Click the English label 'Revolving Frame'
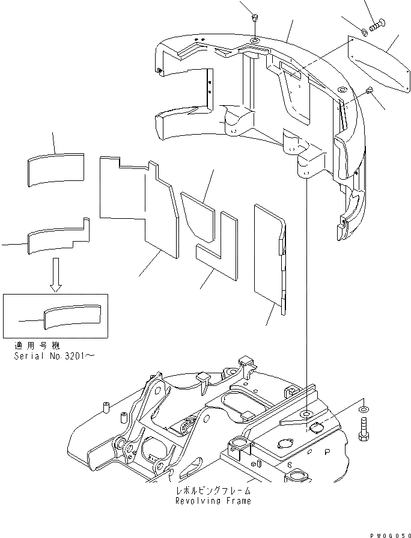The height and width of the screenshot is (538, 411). (x=213, y=500)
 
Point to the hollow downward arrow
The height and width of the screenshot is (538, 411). (x=55, y=275)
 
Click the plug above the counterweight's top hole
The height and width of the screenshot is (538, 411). (x=255, y=17)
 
